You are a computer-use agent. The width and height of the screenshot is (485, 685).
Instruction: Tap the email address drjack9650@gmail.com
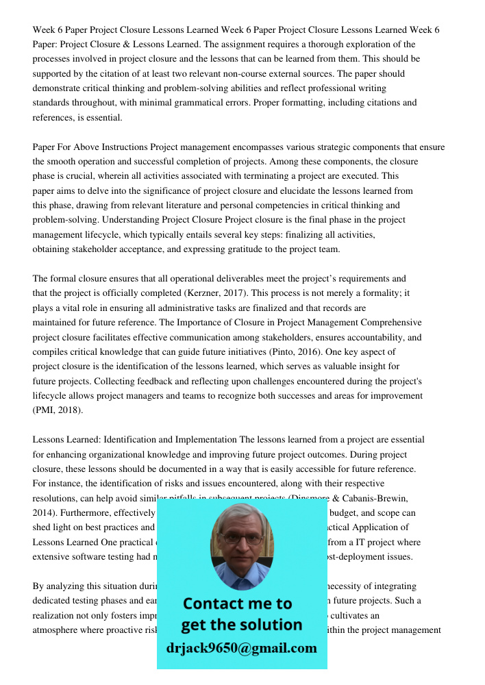point(242,648)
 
